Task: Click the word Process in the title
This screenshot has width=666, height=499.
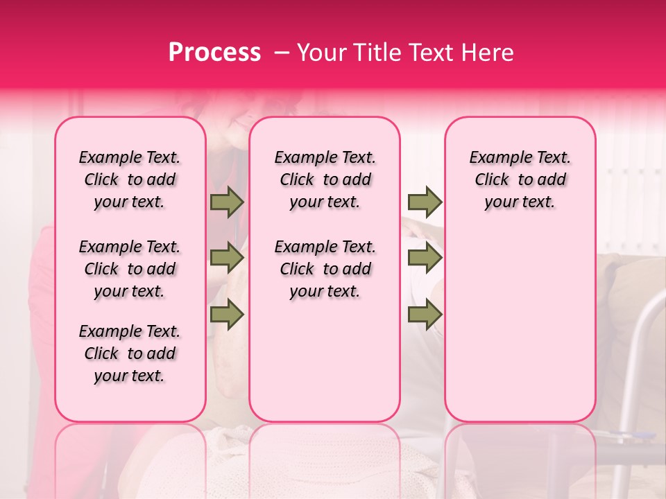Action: tap(214, 53)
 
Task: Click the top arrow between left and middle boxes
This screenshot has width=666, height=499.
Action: tap(227, 202)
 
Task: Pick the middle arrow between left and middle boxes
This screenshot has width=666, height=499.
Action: tap(227, 259)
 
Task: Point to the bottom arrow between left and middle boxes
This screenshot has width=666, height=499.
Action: tap(227, 315)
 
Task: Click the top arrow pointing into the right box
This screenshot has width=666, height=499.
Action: tap(425, 202)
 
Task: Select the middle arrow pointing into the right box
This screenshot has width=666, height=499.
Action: tap(425, 259)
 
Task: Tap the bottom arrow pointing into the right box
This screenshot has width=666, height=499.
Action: tap(425, 315)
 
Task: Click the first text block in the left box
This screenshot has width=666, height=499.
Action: tap(130, 180)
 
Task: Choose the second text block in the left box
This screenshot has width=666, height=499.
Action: tap(130, 269)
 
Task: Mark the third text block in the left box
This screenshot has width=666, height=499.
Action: tap(130, 353)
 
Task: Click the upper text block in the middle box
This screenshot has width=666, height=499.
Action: tap(325, 180)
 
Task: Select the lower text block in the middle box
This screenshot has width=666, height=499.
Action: tap(325, 269)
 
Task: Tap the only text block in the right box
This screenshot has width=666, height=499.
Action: tap(520, 180)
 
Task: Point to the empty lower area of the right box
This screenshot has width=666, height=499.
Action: tap(520, 326)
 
